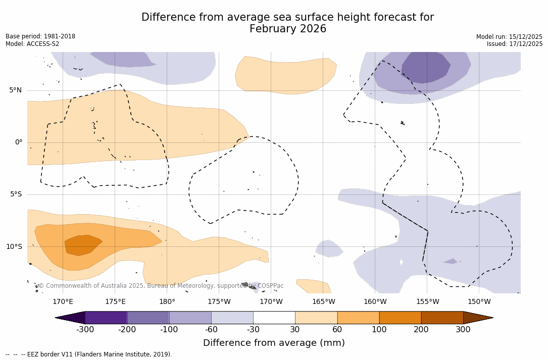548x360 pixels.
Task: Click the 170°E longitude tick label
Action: [63, 302]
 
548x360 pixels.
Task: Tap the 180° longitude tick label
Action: [167, 302]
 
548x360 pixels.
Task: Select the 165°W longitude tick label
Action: [323, 302]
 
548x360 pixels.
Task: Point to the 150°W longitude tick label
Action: [479, 302]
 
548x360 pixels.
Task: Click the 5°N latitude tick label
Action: [15, 90]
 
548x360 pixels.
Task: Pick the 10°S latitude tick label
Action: [14, 247]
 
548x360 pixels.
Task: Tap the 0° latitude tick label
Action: [19, 142]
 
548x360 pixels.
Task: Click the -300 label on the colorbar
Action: [85, 330]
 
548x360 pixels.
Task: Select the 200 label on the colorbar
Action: [421, 330]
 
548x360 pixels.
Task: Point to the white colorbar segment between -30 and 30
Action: [274, 318]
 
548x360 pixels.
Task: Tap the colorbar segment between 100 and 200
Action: [400, 318]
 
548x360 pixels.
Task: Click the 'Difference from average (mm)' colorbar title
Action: [274, 343]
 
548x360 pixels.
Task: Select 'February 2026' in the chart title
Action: [288, 29]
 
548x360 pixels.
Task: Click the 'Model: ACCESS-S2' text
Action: [32, 44]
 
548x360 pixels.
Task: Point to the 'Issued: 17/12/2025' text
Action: [515, 44]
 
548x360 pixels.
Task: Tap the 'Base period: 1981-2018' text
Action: [40, 36]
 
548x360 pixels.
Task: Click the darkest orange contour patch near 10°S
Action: [82, 245]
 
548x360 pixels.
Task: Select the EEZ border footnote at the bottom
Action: [89, 354]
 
